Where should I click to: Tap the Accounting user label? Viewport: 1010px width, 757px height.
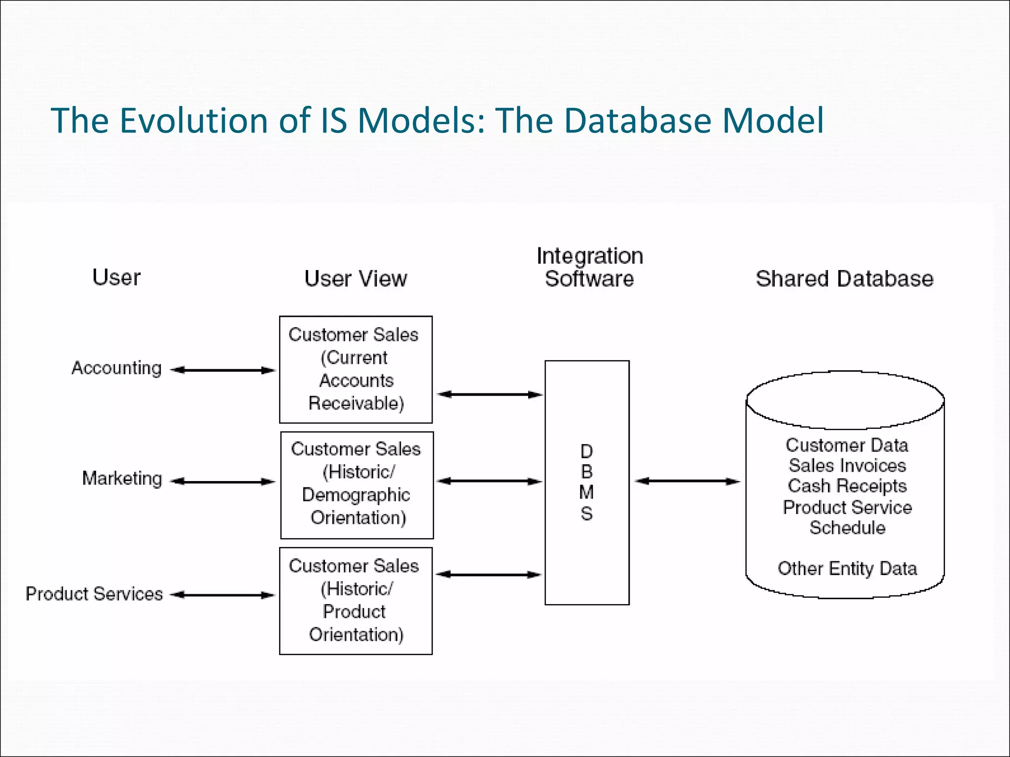[x=116, y=368]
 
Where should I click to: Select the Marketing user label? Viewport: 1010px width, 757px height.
[x=122, y=479]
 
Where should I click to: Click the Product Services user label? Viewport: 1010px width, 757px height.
[x=94, y=594]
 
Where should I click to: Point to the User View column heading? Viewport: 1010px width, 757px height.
[x=356, y=279]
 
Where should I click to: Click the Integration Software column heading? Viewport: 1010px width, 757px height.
[x=589, y=268]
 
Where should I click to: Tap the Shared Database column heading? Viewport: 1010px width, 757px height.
[x=844, y=279]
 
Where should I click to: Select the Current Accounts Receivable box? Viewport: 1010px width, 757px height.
[x=356, y=370]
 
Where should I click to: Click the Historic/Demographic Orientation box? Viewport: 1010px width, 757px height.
[x=357, y=485]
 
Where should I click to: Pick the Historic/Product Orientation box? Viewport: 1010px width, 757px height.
[x=356, y=601]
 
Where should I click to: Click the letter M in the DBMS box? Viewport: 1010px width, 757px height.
[x=586, y=492]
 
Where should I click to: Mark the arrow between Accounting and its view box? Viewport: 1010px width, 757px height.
[x=222, y=370]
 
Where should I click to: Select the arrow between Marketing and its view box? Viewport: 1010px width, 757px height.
[x=222, y=482]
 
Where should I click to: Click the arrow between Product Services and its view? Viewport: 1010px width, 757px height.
[x=222, y=595]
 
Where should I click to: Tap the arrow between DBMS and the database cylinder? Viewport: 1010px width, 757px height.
[x=687, y=481]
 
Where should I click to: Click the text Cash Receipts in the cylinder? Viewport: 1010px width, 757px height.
[x=847, y=486]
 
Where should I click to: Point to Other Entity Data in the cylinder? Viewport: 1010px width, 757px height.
[x=847, y=569]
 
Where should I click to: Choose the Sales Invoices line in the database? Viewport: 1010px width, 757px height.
[x=847, y=466]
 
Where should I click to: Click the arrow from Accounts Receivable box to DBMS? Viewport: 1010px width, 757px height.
[x=489, y=394]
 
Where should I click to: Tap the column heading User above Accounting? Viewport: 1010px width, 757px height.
[x=116, y=277]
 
